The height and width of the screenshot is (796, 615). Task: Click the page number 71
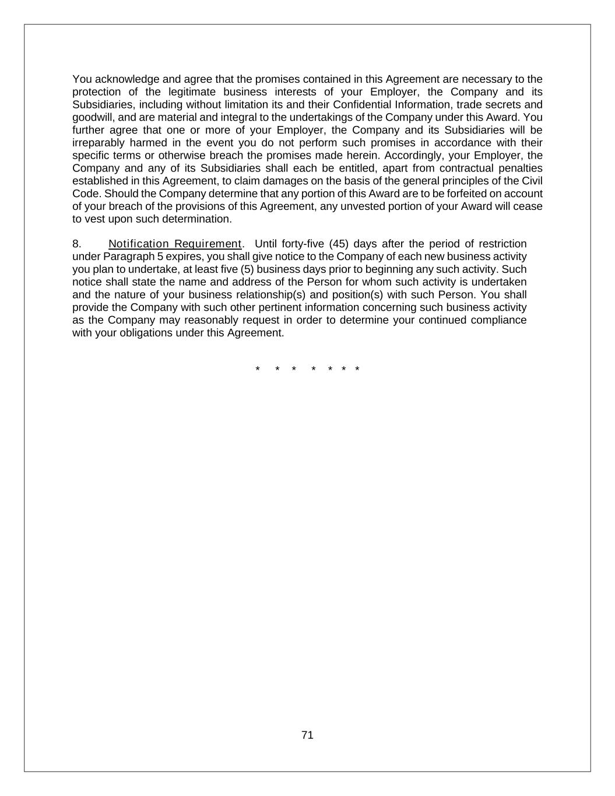[x=307, y=735]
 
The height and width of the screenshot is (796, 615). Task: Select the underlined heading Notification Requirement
[x=174, y=244]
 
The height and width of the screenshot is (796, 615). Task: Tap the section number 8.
[x=76, y=244]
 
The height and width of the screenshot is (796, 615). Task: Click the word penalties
[x=521, y=169]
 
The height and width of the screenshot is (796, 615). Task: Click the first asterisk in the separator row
[x=257, y=369]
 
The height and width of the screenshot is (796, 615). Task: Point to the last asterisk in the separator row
[x=357, y=369]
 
